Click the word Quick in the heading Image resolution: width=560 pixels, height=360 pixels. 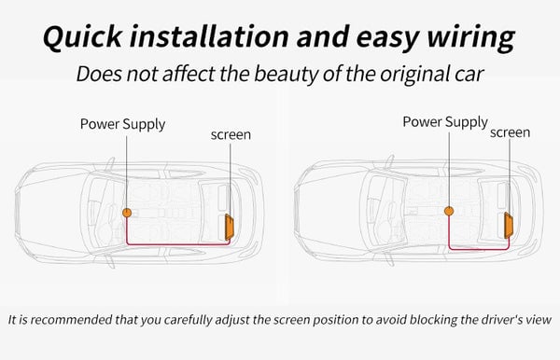pyautogui.click(x=82, y=37)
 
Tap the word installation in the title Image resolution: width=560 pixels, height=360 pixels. pyautogui.click(x=209, y=36)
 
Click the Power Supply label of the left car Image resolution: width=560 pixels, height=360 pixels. pyautogui.click(x=122, y=125)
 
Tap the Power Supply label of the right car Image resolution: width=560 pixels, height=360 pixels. pyautogui.click(x=445, y=122)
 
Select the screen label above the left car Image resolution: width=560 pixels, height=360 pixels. pyautogui.click(x=231, y=135)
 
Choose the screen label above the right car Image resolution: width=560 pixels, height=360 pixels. pyautogui.click(x=510, y=132)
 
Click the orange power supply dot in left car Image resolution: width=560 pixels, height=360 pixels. pyautogui.click(x=127, y=213)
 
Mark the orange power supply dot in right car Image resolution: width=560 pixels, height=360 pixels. pyautogui.click(x=449, y=211)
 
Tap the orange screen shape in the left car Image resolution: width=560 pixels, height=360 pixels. pyautogui.click(x=230, y=227)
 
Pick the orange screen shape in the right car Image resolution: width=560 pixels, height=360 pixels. pyautogui.click(x=509, y=226)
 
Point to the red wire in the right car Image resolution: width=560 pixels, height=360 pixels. pyautogui.click(x=479, y=249)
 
